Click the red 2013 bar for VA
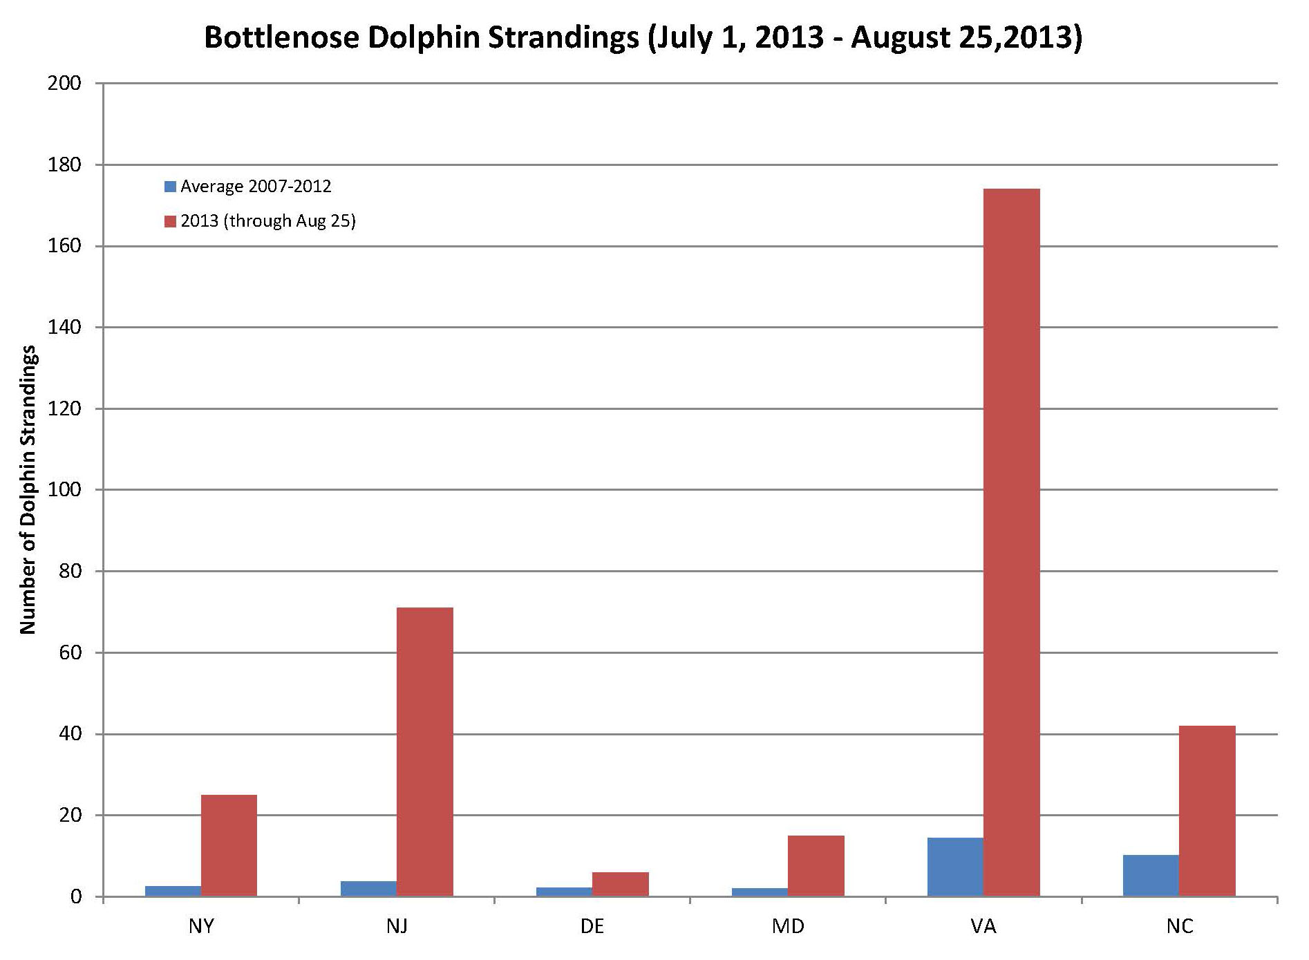pos(1011,543)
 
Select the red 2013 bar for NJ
pos(424,752)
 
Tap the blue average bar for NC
pos(1151,876)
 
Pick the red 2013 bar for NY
pos(229,845)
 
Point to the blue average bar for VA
pos(955,867)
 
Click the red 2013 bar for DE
pos(620,885)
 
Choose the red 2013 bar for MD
pos(816,866)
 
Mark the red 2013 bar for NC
pos(1207,811)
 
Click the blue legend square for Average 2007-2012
pos(170,187)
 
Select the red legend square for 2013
pos(170,221)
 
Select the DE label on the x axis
pos(592,926)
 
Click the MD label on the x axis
pos(788,926)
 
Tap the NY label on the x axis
pos(201,926)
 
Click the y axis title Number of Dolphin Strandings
pos(28,490)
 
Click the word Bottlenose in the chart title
pos(281,37)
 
